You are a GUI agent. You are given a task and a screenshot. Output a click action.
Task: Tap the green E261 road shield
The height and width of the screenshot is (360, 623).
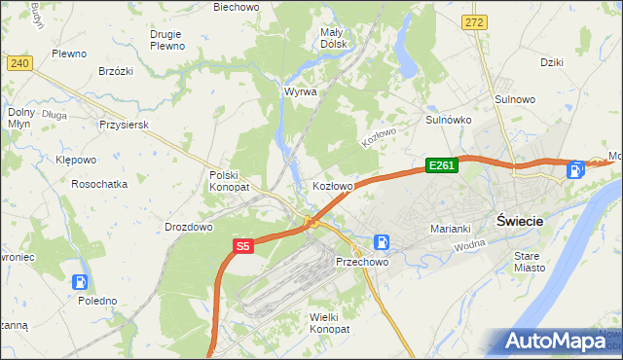point(441,166)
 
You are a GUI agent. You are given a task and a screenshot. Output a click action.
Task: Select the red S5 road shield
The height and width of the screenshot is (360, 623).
point(243,247)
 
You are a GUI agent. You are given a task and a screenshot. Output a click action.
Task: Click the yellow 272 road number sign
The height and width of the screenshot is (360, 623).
point(474,21)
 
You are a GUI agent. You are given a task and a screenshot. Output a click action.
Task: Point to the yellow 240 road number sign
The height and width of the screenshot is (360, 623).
point(19,62)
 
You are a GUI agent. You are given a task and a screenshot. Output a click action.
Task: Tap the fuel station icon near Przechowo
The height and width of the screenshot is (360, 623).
point(384,241)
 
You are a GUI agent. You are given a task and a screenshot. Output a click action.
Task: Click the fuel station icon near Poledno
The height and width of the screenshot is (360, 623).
point(80,282)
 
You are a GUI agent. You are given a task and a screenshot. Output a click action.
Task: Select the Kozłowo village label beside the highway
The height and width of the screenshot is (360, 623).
point(332,185)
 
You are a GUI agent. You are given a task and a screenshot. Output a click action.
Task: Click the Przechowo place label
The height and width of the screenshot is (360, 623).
point(362,262)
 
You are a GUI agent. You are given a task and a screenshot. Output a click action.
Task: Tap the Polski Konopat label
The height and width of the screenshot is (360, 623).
point(230,180)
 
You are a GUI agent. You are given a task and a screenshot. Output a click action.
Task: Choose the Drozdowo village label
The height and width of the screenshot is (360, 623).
point(189,227)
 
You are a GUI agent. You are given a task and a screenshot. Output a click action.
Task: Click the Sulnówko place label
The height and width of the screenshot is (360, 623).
point(449,120)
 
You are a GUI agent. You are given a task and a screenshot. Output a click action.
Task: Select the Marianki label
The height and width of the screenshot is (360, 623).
point(451,229)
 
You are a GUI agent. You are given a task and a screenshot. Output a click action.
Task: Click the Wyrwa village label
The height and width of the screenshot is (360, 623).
point(300,91)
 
